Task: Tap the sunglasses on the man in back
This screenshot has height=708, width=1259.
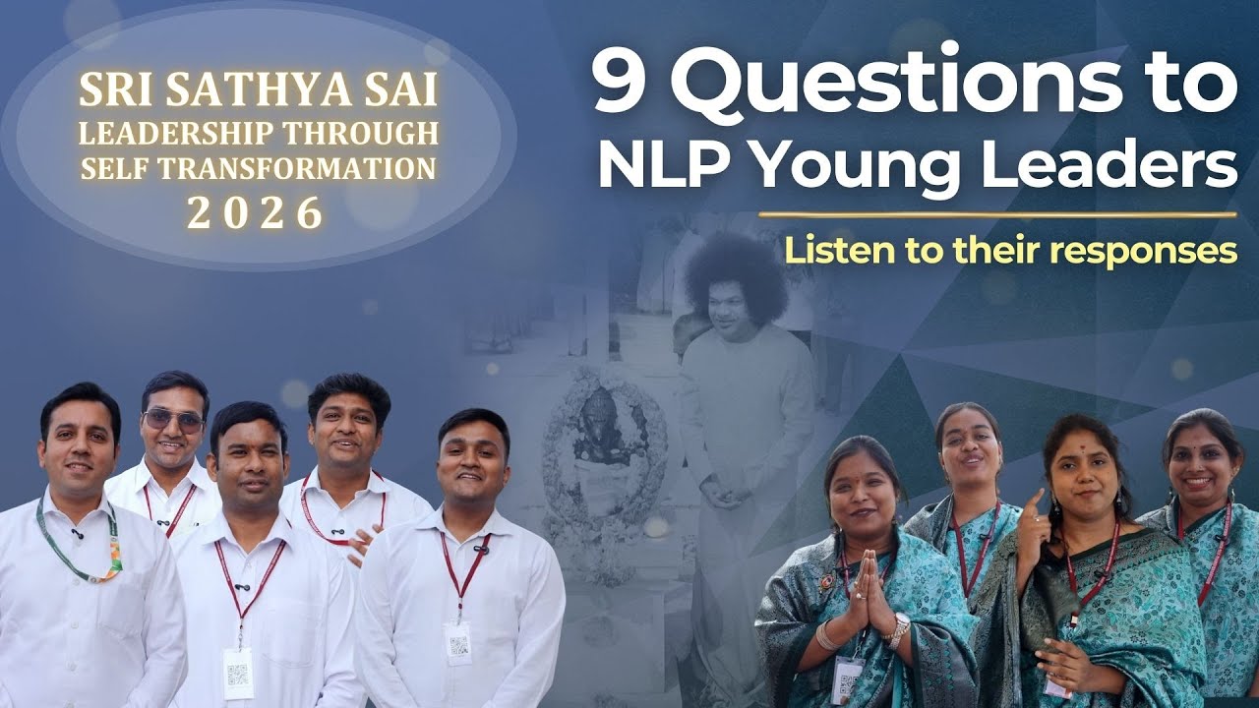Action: tap(174, 420)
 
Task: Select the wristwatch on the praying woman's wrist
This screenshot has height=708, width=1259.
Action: tap(900, 624)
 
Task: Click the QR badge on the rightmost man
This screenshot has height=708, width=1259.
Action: tap(457, 642)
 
